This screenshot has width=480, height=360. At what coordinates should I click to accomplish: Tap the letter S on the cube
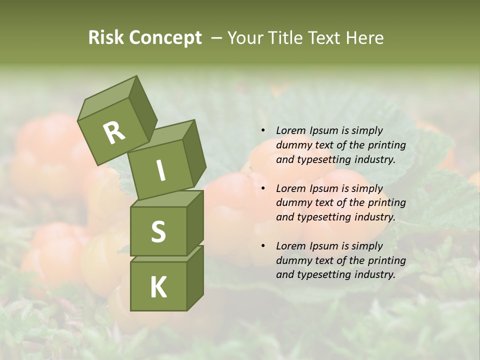pyautogui.click(x=158, y=231)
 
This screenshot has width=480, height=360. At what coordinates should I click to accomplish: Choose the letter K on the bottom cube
pyautogui.click(x=158, y=286)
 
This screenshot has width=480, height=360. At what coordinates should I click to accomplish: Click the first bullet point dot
pyautogui.click(x=263, y=131)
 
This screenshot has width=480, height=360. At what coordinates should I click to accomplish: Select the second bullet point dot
pyautogui.click(x=263, y=189)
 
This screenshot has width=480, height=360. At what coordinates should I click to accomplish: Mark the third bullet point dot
pyautogui.click(x=263, y=246)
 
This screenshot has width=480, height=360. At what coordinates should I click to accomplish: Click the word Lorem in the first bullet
pyautogui.click(x=290, y=130)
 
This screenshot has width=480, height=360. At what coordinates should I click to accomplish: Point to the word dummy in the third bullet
pyautogui.click(x=291, y=260)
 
